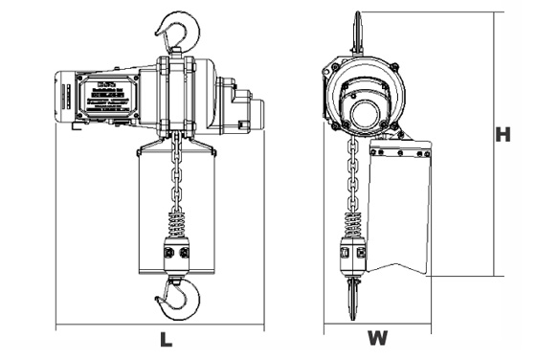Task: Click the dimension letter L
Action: pos(165,338)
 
